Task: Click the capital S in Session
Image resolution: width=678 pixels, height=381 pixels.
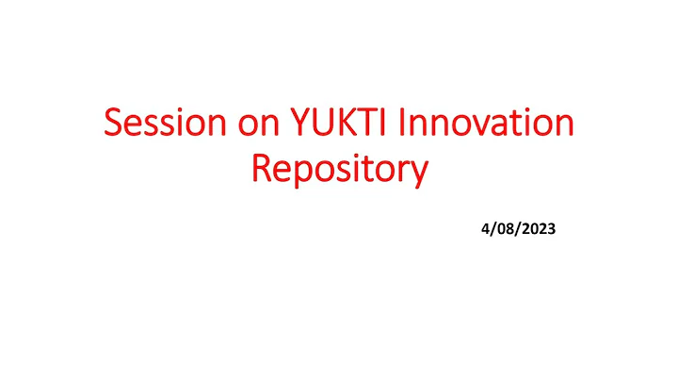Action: coord(113,126)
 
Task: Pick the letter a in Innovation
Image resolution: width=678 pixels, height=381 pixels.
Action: coord(497,128)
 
